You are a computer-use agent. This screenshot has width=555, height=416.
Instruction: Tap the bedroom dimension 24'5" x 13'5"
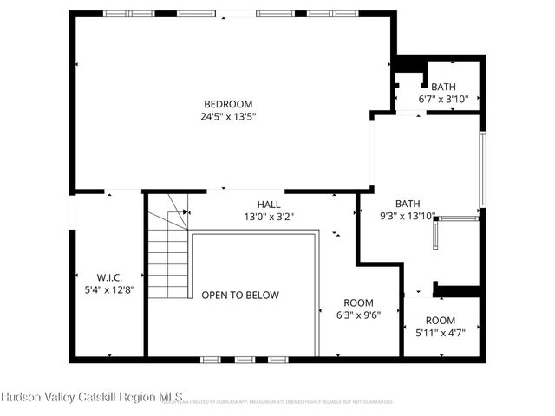(x=229, y=115)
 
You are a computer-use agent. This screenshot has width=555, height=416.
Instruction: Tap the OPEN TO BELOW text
(x=240, y=296)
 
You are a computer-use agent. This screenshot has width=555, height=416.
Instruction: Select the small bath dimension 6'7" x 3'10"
(x=443, y=100)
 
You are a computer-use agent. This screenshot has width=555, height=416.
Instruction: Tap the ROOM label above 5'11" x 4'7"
(x=440, y=320)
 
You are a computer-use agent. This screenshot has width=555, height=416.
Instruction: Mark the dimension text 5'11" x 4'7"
(x=440, y=333)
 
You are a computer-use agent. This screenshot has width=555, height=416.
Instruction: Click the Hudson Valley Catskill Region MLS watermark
(x=92, y=397)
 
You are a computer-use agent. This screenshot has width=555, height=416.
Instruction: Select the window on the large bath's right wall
(x=483, y=170)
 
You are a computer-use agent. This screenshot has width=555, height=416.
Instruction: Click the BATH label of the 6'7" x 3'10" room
(x=443, y=87)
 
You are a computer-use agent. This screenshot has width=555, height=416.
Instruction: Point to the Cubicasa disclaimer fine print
(x=286, y=402)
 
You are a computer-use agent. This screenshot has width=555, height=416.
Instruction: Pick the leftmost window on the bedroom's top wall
(x=117, y=13)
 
